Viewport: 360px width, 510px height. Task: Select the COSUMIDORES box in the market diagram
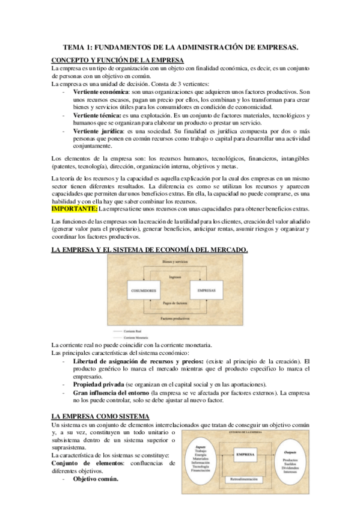(144, 290)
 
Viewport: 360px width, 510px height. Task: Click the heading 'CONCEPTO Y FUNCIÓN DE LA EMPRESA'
(118, 60)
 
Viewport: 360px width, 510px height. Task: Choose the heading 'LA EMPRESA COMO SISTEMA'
(100, 399)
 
